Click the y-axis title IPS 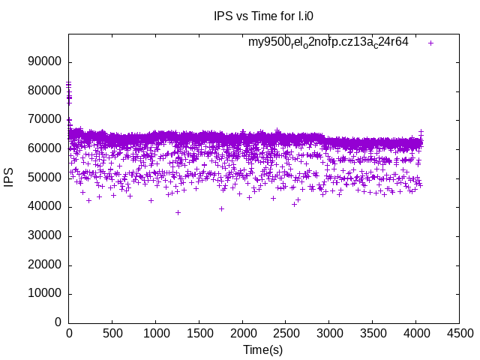click(9, 178)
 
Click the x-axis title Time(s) click(262, 349)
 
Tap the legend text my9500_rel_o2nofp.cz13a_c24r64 click(328, 42)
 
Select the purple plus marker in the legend click(430, 43)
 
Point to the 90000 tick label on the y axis click(44, 62)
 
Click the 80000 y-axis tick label click(44, 91)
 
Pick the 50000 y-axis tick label click(44, 178)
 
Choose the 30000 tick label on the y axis click(44, 235)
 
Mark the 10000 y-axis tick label click(44, 293)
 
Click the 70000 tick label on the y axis click(44, 120)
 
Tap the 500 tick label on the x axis click(112, 332)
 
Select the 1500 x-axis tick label click(199, 332)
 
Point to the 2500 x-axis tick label click(286, 332)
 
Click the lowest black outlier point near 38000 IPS click(178, 212)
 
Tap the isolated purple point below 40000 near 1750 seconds click(221, 208)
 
